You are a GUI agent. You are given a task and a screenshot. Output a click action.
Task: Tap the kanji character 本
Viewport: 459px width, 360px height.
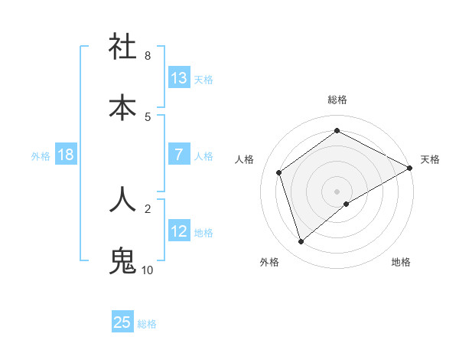[122, 107]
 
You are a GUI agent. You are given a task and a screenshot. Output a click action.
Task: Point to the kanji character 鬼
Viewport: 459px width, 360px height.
[122, 261]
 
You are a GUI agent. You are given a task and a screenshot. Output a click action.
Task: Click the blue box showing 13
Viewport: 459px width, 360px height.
[179, 78]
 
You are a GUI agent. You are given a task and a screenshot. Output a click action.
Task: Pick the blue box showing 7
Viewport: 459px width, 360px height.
[179, 155]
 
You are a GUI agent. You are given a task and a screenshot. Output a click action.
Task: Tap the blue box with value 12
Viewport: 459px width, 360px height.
[179, 231]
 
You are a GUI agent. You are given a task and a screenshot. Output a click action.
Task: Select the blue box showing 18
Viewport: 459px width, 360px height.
[65, 155]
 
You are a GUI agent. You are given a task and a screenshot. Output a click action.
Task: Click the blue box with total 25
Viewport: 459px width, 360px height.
[122, 322]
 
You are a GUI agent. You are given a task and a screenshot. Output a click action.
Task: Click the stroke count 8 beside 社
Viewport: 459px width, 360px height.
[148, 56]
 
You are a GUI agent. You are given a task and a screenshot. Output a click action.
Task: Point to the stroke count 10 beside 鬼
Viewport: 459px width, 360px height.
[148, 270]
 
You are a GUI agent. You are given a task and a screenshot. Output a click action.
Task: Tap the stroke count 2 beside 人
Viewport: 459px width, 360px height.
[148, 208]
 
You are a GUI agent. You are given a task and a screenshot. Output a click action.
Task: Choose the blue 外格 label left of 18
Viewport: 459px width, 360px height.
[41, 156]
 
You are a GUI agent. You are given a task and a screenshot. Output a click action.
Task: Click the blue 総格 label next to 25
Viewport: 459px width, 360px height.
[147, 324]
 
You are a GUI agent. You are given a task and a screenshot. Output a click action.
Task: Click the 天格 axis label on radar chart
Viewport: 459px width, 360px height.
[430, 159]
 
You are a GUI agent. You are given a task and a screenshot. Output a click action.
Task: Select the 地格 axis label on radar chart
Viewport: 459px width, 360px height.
[401, 262]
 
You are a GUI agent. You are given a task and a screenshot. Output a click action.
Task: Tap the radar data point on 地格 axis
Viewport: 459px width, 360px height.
[347, 204]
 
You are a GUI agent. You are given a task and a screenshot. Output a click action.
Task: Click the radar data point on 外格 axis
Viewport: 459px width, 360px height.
[301, 242]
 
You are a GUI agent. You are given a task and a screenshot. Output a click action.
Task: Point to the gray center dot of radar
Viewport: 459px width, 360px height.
[337, 191]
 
